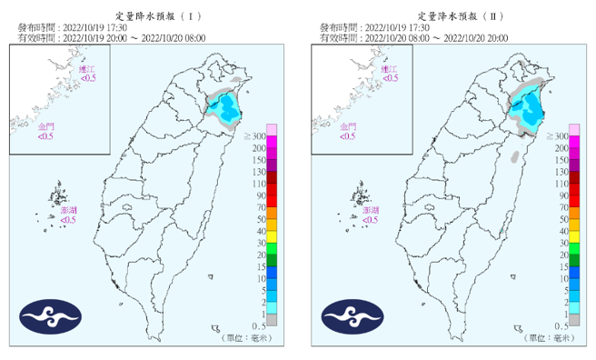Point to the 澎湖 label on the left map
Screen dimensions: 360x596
[68, 210]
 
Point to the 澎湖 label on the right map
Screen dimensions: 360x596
[370, 210]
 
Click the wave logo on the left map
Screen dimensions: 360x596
[51, 315]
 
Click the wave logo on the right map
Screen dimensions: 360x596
[352, 315]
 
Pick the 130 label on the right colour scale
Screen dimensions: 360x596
[561, 172]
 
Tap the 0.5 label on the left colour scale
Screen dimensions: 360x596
[258, 325]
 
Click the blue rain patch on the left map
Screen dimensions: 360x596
[223, 110]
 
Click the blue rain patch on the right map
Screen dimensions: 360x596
[526, 110]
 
